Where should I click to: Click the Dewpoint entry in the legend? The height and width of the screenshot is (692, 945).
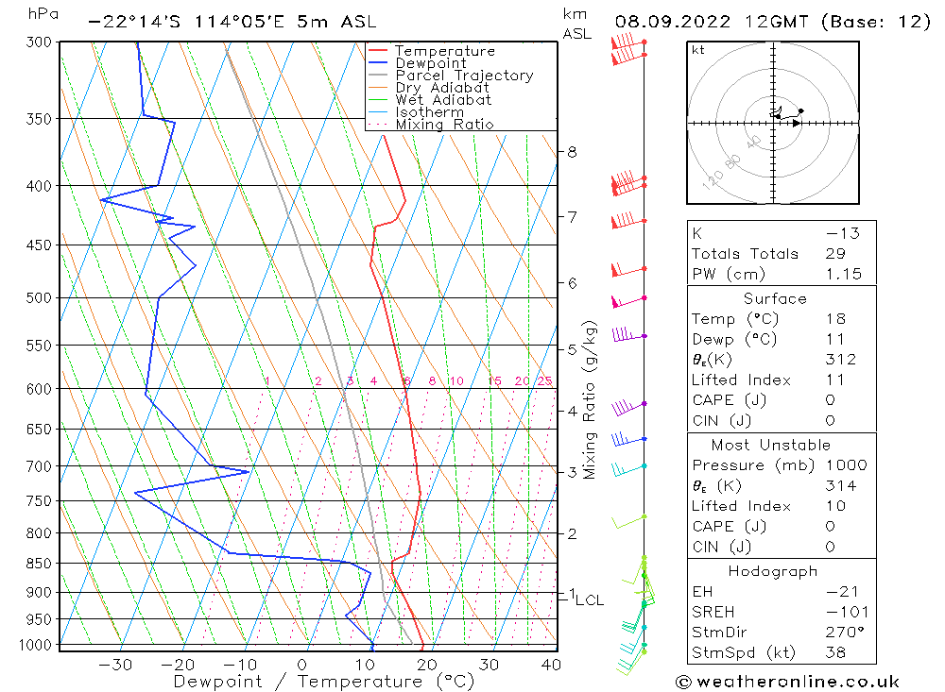click(x=430, y=63)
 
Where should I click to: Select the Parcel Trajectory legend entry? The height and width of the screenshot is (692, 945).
click(x=463, y=76)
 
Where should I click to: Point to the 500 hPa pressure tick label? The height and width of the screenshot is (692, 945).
click(x=38, y=298)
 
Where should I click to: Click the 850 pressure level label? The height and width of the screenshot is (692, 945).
click(x=38, y=564)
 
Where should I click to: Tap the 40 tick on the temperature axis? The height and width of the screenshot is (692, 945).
click(x=550, y=665)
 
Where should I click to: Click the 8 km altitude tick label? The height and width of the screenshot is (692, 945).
click(x=572, y=152)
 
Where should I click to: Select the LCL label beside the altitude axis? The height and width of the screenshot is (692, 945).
click(x=589, y=599)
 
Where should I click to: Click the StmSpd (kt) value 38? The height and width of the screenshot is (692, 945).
click(x=835, y=652)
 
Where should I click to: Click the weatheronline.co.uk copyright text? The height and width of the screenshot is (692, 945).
click(x=787, y=682)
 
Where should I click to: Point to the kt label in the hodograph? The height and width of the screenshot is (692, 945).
click(x=698, y=50)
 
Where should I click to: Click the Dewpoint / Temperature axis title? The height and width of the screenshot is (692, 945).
click(x=323, y=682)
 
